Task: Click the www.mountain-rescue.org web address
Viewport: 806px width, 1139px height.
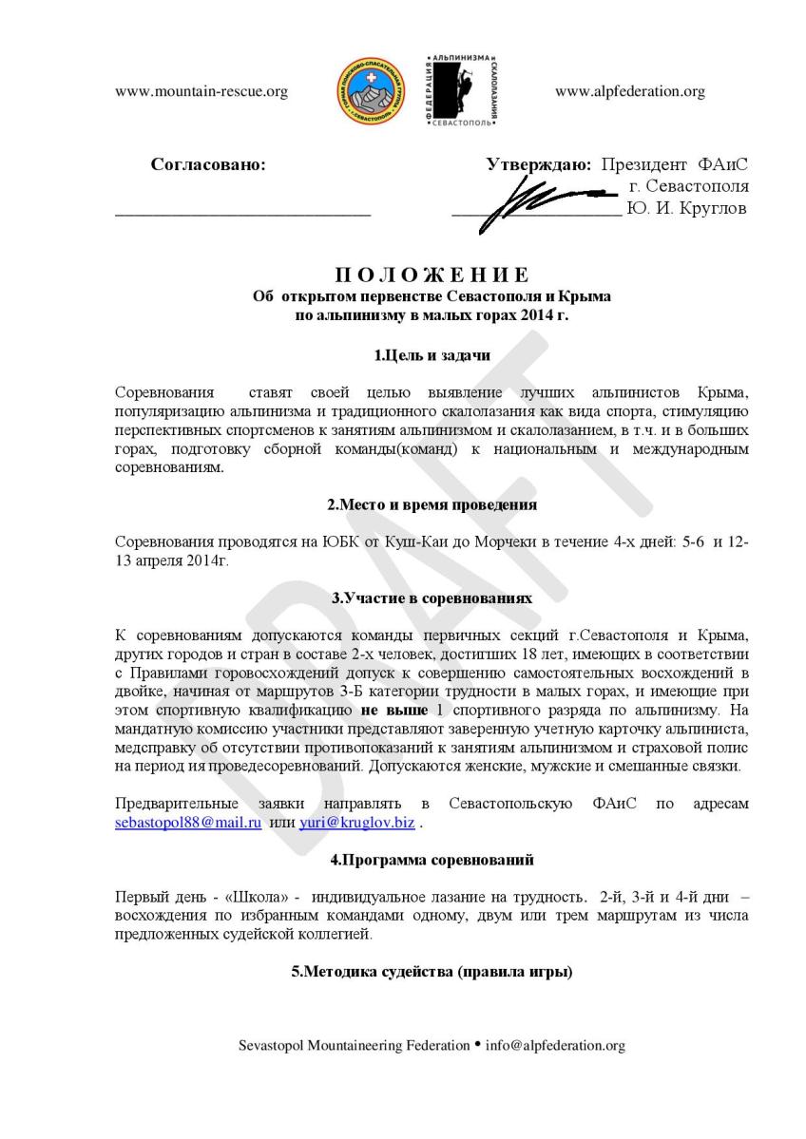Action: (x=201, y=92)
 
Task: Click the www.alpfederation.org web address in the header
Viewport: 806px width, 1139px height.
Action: (x=629, y=92)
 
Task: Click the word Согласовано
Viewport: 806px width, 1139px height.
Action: (x=208, y=163)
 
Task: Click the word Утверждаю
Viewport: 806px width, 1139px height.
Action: (x=539, y=163)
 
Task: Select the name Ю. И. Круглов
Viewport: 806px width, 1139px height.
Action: (x=687, y=208)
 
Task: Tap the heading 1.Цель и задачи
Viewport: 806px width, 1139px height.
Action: (x=432, y=356)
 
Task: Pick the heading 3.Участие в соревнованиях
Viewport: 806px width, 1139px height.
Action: (x=432, y=598)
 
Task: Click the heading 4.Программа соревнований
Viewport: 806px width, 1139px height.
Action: (x=432, y=860)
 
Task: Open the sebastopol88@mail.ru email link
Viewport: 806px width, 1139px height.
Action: (x=187, y=823)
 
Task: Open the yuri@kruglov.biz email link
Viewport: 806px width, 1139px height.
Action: (x=356, y=823)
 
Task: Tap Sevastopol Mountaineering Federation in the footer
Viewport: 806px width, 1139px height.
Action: (x=353, y=1046)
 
